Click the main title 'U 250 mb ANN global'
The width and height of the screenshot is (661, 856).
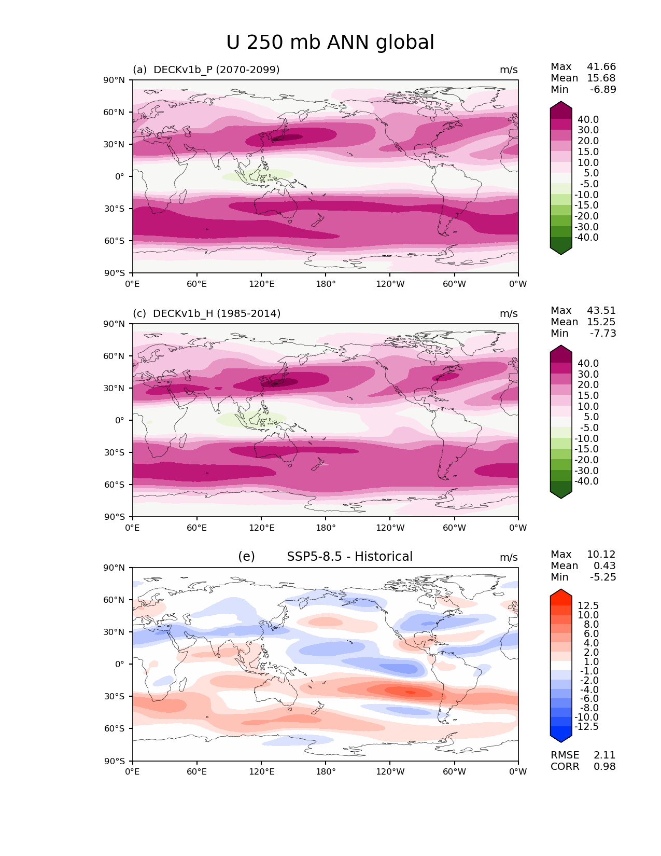[330, 43]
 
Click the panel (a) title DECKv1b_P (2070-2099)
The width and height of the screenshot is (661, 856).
[206, 70]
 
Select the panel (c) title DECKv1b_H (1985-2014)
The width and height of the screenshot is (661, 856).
[206, 313]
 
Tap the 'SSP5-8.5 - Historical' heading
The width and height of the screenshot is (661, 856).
[349, 557]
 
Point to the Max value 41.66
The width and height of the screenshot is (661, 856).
[601, 66]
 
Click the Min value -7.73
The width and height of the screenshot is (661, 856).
[603, 333]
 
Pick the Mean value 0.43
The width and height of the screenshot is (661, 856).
[604, 565]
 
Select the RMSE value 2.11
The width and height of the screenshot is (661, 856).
[604, 755]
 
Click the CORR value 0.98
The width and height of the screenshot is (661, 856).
[604, 766]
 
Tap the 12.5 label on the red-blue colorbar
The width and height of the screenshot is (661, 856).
[588, 605]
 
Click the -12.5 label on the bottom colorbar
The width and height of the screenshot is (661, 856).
[586, 726]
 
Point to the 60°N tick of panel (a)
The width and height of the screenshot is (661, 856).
[115, 112]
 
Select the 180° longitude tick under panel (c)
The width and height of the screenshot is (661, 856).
[326, 528]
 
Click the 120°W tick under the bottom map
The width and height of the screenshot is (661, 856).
[390, 772]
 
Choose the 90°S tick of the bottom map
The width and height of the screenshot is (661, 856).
[115, 761]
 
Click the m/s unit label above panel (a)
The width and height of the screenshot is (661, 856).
[509, 70]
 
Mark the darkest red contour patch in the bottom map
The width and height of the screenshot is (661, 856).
[410, 692]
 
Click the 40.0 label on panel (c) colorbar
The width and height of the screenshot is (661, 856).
[588, 363]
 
